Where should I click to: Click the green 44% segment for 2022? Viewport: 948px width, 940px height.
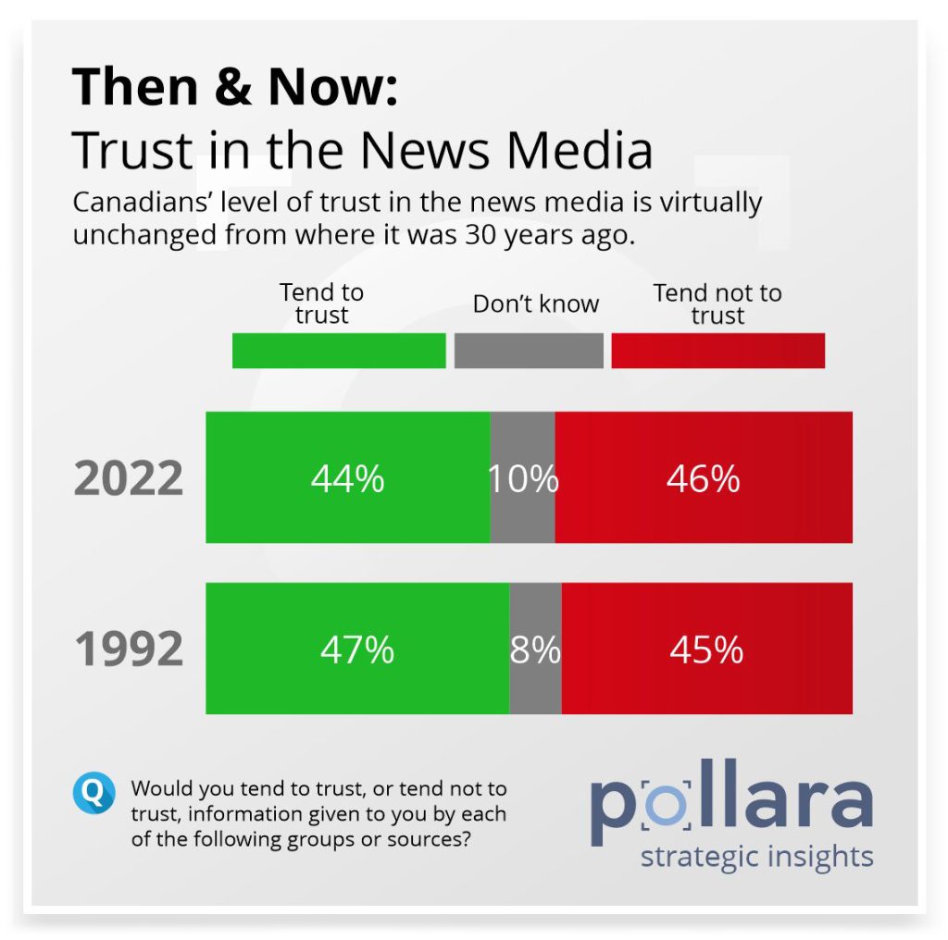click(x=347, y=477)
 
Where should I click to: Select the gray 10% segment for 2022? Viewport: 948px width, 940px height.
click(x=523, y=477)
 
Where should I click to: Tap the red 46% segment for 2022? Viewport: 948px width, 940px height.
click(x=704, y=477)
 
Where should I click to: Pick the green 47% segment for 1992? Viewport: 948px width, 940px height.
click(x=357, y=649)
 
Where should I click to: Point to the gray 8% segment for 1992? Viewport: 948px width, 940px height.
click(x=535, y=649)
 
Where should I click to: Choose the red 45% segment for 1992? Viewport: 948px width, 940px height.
click(x=706, y=649)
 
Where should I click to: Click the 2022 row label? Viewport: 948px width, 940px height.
click(x=129, y=479)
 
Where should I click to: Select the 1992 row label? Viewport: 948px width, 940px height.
click(x=129, y=649)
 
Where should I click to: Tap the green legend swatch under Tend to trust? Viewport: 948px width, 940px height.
click(x=339, y=352)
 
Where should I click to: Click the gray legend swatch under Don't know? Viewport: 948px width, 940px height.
click(x=529, y=352)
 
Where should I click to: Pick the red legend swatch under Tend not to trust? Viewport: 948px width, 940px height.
click(x=717, y=352)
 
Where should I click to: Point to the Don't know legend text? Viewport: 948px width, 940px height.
click(x=536, y=303)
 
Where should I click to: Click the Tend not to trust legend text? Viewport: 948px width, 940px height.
click(x=717, y=303)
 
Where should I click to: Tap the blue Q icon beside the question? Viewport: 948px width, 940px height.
click(x=94, y=793)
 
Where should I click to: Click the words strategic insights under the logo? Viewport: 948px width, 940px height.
click(x=756, y=856)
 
